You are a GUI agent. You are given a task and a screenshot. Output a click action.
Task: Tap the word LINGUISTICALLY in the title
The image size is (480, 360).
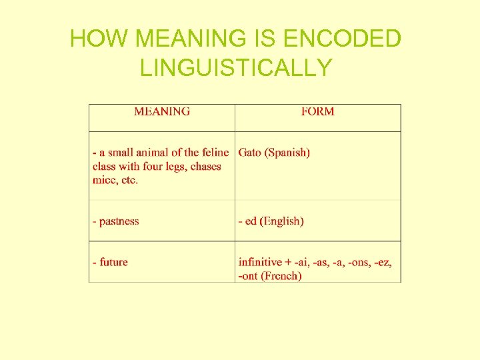point(236,68)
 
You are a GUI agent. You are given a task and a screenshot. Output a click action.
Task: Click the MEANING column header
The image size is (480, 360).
point(162,112)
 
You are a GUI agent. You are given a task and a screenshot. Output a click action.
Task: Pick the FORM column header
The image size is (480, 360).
point(317,112)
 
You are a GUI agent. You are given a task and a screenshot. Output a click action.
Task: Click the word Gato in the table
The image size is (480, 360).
point(250,153)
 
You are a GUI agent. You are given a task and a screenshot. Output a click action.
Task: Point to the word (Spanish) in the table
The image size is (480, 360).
point(287,153)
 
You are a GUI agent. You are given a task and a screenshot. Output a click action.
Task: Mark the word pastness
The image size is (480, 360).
point(119,221)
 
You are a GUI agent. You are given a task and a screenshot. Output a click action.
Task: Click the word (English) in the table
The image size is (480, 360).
point(282,221)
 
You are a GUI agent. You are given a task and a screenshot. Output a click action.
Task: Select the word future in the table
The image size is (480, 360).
point(113,262)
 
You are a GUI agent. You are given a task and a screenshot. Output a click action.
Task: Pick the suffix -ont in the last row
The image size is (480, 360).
point(248,276)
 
